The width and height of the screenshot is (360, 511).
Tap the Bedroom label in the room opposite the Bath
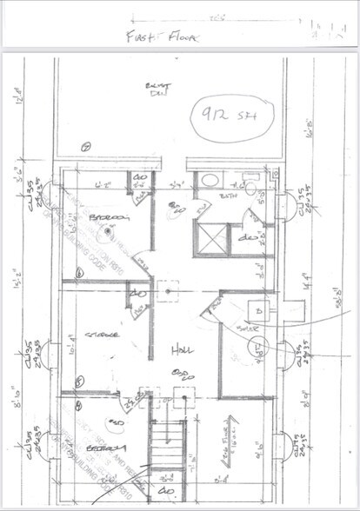point(109,217)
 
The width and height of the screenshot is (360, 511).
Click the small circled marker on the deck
point(84,149)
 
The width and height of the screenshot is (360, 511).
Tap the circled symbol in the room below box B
point(258,349)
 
